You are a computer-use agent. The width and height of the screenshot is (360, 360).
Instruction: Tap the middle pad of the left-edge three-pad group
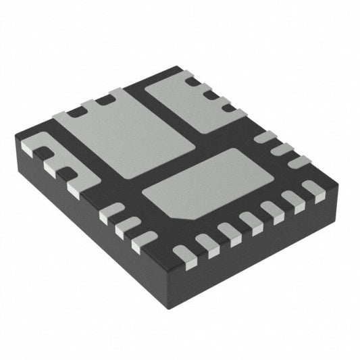[126, 228]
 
